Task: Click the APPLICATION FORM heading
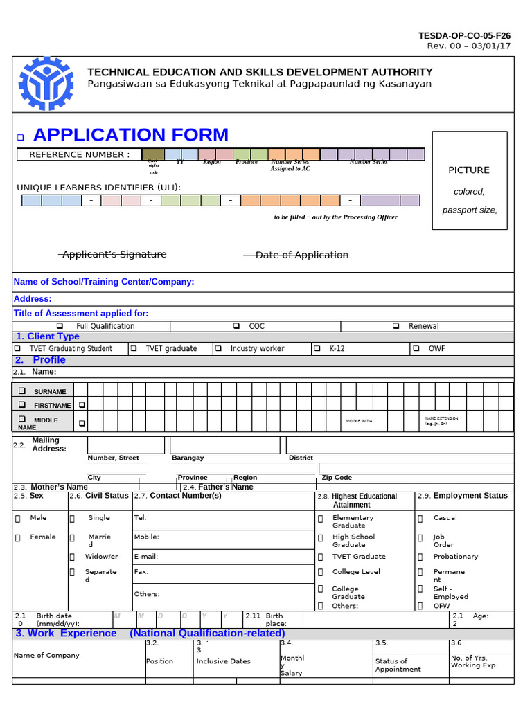click(130, 135)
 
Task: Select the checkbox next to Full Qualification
click(60, 326)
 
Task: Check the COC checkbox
click(236, 326)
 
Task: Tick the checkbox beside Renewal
click(396, 326)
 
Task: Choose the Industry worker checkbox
click(218, 348)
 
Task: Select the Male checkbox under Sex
click(17, 518)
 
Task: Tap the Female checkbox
click(17, 537)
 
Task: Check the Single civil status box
click(73, 518)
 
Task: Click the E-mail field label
click(146, 556)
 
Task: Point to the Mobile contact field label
click(146, 537)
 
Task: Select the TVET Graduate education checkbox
click(321, 557)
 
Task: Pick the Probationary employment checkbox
click(420, 557)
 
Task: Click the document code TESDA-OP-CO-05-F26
click(464, 35)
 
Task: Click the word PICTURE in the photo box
click(468, 170)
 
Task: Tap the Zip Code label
click(337, 478)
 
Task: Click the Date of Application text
click(301, 255)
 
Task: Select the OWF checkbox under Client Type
click(416, 348)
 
